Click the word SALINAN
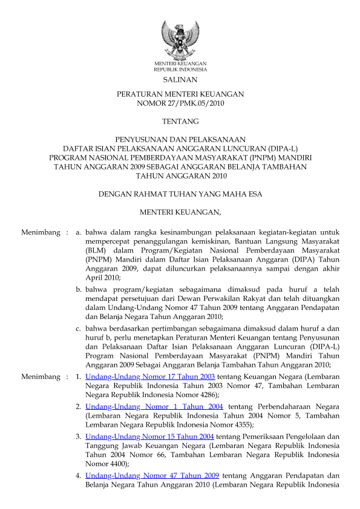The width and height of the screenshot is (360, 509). pyautogui.click(x=180, y=79)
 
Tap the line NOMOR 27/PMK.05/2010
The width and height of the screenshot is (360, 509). pyautogui.click(x=180, y=103)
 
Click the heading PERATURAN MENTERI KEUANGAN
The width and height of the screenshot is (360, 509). pyautogui.click(x=180, y=94)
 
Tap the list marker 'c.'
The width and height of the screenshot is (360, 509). pyautogui.click(x=79, y=329)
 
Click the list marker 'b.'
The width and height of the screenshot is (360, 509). pyautogui.click(x=79, y=290)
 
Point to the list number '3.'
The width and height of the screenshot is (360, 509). pyautogui.click(x=79, y=436)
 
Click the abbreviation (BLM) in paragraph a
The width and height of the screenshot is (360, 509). pyautogui.click(x=96, y=251)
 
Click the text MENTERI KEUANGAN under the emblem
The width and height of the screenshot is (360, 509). pyautogui.click(x=180, y=64)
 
